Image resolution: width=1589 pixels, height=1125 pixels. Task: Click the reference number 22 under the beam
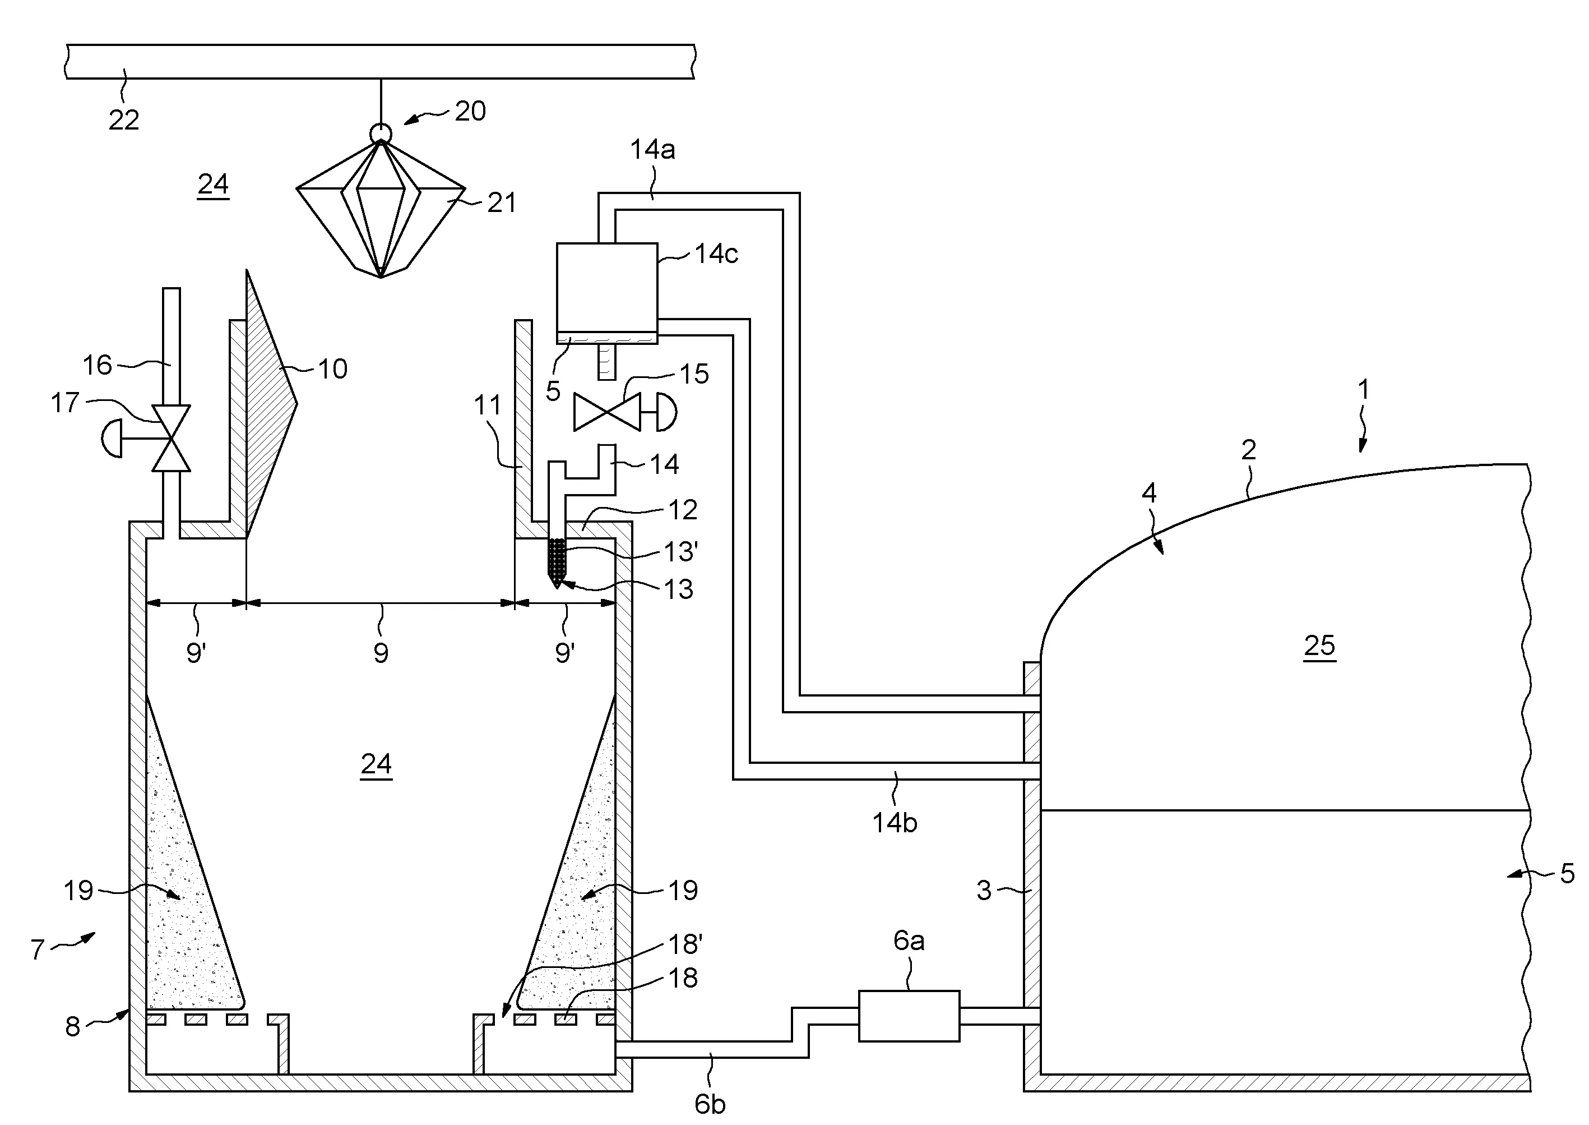(x=124, y=121)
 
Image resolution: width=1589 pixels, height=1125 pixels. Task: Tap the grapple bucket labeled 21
(x=380, y=208)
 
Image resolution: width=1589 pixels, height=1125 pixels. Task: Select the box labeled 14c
(x=606, y=288)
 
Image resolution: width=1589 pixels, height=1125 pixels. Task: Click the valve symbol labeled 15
(x=607, y=412)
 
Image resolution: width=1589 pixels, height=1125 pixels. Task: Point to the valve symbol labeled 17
(x=171, y=439)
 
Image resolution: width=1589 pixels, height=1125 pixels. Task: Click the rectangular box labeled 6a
(x=909, y=1016)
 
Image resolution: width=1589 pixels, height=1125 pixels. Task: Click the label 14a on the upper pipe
(x=652, y=150)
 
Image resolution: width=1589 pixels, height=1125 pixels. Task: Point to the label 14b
(x=894, y=823)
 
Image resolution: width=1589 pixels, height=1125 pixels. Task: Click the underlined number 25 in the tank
(x=1319, y=646)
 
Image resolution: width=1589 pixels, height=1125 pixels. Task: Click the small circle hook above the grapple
(x=381, y=132)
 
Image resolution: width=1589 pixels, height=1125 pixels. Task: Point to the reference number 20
(x=470, y=112)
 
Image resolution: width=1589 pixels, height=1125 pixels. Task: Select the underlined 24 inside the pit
(x=376, y=764)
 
